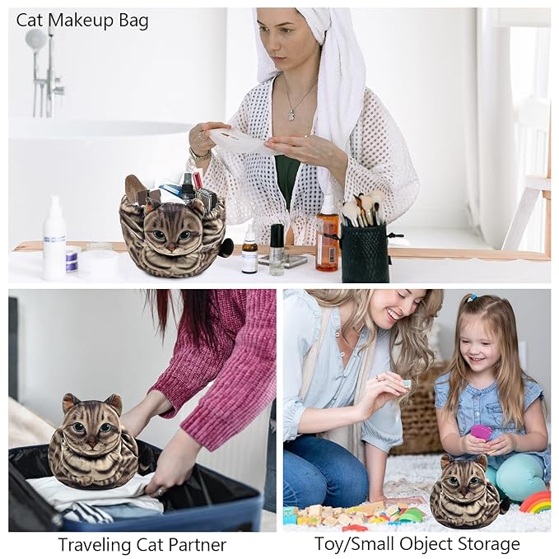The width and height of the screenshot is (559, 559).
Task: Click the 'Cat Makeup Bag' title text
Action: click(82, 21)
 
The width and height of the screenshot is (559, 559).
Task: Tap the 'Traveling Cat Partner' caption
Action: click(142, 544)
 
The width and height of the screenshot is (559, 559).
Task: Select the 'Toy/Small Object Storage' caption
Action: click(417, 544)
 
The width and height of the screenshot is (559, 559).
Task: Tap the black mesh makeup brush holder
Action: click(364, 251)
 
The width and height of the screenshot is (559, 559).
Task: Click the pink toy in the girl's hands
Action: click(481, 432)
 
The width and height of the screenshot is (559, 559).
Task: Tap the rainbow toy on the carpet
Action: click(535, 501)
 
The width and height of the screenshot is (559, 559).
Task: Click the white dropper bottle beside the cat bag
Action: click(249, 251)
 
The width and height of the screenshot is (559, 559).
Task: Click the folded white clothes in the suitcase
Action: click(99, 499)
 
